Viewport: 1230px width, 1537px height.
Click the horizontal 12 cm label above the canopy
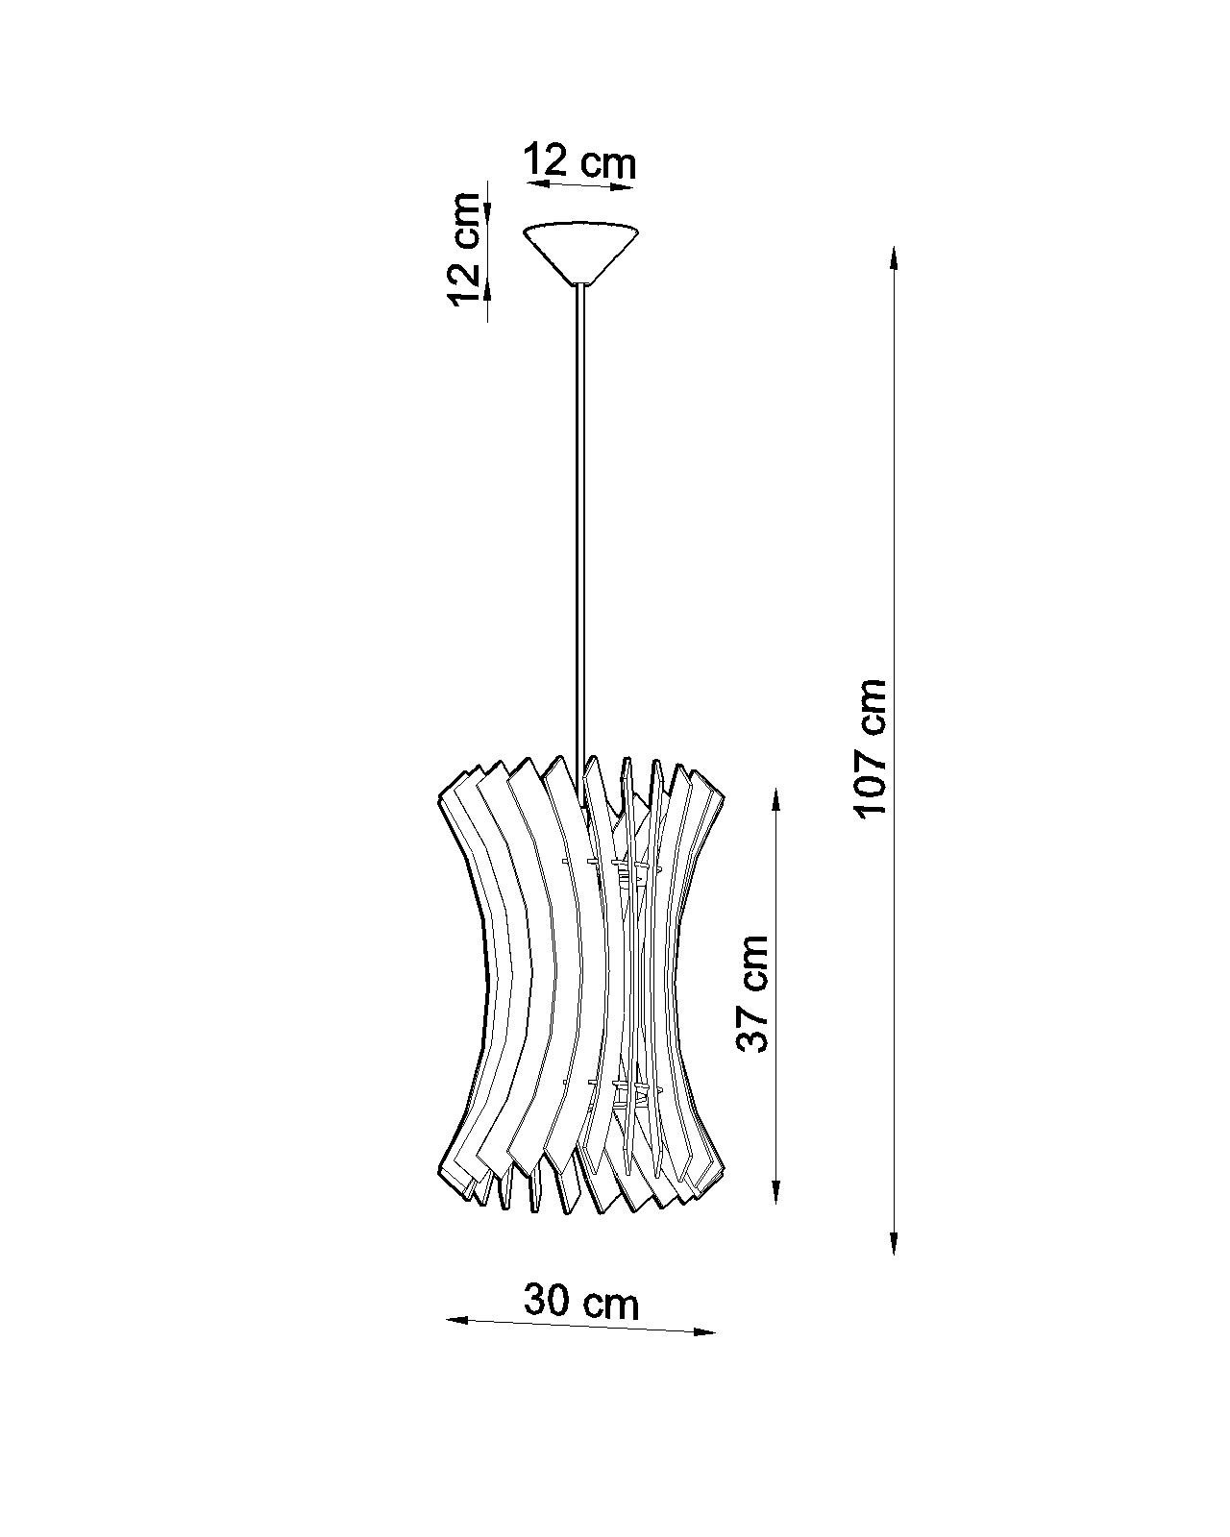click(x=579, y=162)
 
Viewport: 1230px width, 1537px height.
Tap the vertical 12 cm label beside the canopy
click(x=465, y=249)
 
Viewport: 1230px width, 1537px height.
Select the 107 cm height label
click(x=872, y=747)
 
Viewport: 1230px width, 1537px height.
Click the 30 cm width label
click(x=581, y=1302)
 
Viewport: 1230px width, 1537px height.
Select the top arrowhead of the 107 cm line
click(x=894, y=258)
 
